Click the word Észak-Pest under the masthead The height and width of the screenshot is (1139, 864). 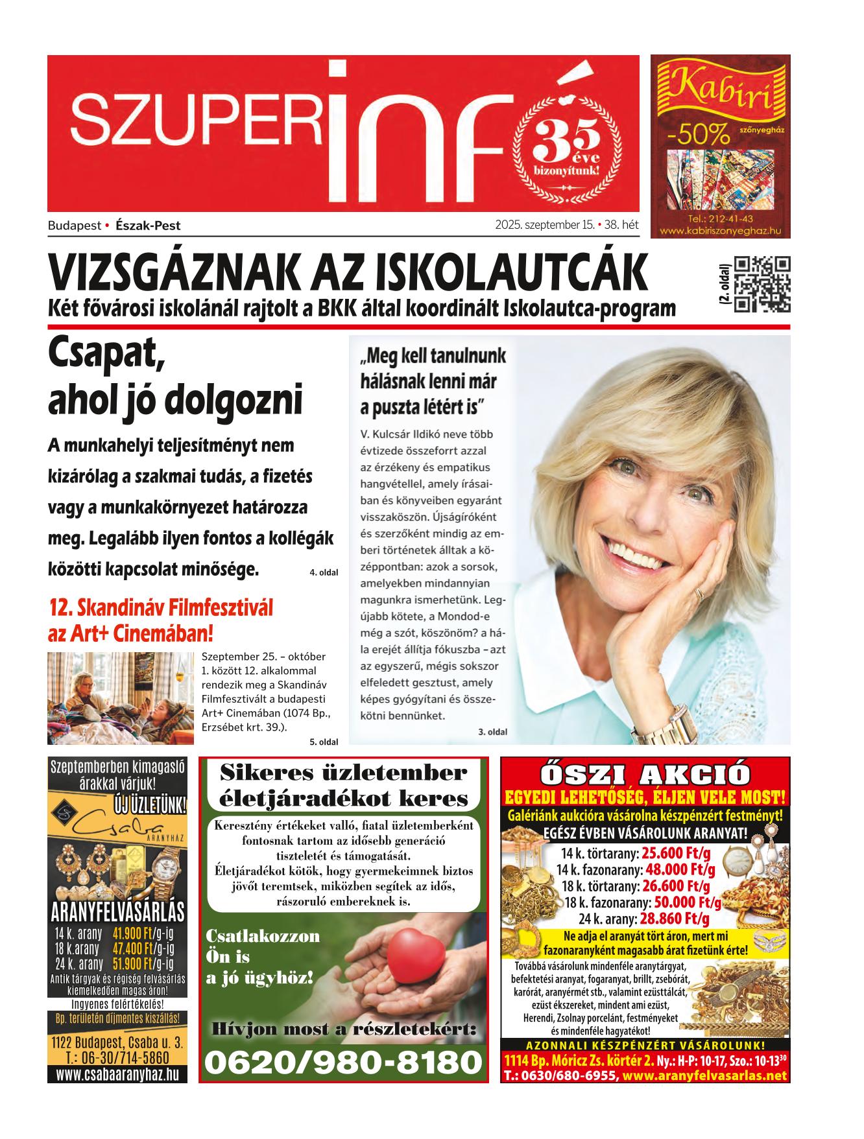click(x=148, y=226)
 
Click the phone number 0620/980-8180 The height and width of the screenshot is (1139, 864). click(x=344, y=1063)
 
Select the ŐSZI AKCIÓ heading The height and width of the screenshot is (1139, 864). click(x=645, y=775)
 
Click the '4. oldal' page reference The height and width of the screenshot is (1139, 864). click(x=324, y=572)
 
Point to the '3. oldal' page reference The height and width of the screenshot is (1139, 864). click(x=492, y=732)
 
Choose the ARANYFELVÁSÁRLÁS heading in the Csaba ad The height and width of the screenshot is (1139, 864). click(x=117, y=911)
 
